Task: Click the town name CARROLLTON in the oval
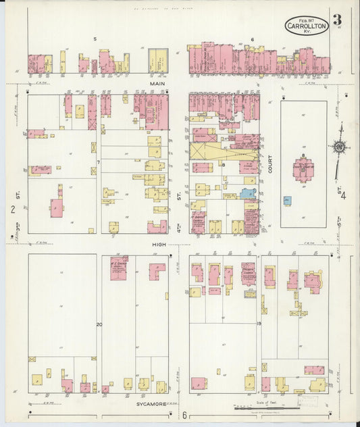(307, 27)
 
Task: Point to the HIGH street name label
(159, 244)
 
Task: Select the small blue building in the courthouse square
(287, 201)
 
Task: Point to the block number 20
(99, 325)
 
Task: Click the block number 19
(259, 324)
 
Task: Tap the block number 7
(99, 162)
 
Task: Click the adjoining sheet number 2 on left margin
(13, 209)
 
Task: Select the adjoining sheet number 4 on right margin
(343, 197)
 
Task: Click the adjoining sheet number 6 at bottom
(184, 416)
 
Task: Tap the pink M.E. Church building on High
(119, 268)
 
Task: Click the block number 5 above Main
(95, 39)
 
